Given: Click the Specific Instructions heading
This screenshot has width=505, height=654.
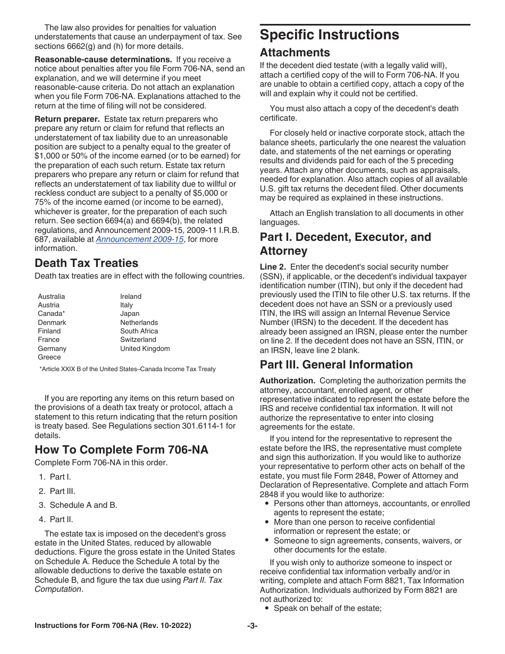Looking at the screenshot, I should [x=329, y=35].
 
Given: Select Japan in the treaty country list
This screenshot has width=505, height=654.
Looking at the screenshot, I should [x=129, y=314].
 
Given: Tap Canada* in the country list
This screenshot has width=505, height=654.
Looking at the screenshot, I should [x=51, y=314].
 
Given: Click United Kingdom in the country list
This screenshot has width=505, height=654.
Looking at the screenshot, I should [x=145, y=349].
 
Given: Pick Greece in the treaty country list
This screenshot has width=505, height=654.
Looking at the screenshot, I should [x=49, y=357].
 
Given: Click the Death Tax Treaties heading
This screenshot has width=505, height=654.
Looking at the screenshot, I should [x=86, y=263].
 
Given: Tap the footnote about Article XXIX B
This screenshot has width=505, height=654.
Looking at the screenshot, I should [x=128, y=369].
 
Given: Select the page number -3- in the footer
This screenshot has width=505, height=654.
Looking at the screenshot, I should [x=252, y=626].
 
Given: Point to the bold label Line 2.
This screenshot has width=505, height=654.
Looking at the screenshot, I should [x=273, y=267].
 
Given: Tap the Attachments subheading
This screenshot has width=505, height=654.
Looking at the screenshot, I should [x=294, y=53].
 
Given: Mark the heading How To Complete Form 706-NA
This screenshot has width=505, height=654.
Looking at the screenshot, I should [x=121, y=450].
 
